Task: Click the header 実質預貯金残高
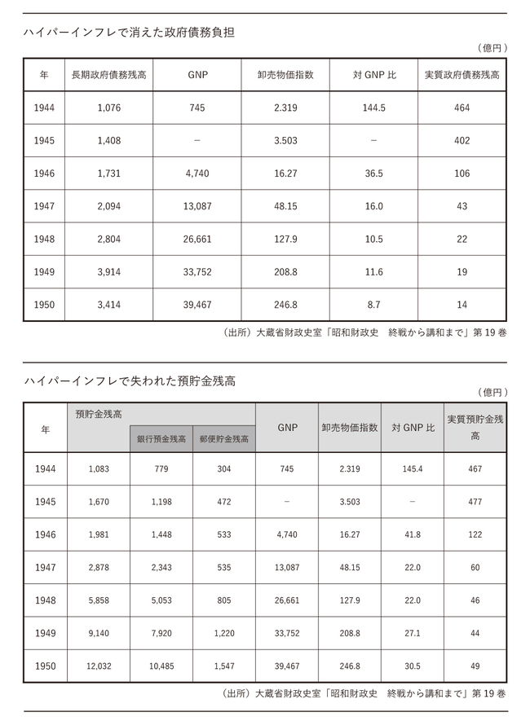pos(475,428)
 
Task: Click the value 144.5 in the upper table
pos(373,108)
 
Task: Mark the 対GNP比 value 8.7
pos(373,305)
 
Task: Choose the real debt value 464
pos(462,108)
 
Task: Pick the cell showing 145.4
pos(413,469)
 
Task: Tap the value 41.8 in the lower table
pos(413,535)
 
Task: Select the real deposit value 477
pos(475,502)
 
